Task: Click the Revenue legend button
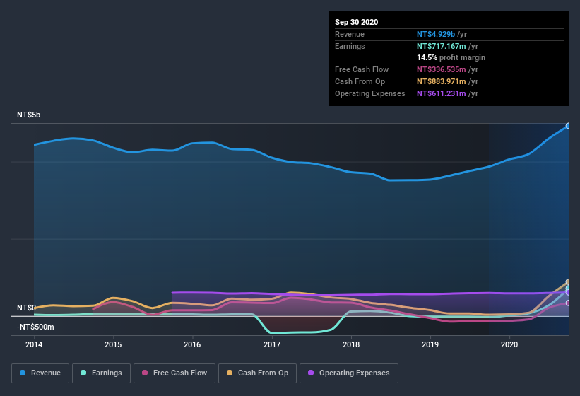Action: [x=40, y=373]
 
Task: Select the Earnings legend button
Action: [x=101, y=373]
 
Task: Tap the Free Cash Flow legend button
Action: [x=174, y=373]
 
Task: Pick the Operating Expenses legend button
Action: [x=348, y=373]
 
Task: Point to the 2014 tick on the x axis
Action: [x=34, y=344]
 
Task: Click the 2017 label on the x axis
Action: [x=271, y=344]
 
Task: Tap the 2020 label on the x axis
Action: [x=509, y=344]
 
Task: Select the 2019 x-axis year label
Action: [x=430, y=344]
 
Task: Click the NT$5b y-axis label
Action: [x=30, y=115]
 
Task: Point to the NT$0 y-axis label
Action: [x=26, y=308]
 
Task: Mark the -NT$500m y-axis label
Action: [x=35, y=327]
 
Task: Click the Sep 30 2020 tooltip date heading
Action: [x=357, y=22]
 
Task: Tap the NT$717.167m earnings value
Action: [x=442, y=46]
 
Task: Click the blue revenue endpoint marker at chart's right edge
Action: [x=568, y=127]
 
